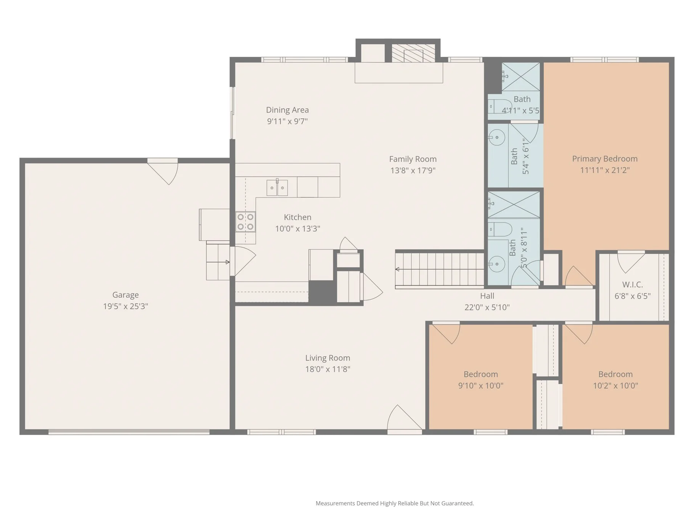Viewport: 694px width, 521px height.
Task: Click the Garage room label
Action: point(125,295)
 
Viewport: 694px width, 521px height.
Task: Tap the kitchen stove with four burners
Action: point(246,222)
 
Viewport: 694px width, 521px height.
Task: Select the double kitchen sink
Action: point(277,187)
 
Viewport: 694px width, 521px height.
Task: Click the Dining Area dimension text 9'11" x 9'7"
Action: point(288,121)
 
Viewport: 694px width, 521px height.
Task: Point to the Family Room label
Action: point(413,159)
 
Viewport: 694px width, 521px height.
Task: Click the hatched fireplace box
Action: point(413,53)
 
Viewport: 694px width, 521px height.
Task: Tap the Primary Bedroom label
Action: point(605,159)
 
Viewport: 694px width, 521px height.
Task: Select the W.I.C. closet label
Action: point(633,284)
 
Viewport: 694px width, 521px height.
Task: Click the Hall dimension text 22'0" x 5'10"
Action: point(487,307)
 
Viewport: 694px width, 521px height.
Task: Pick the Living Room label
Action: point(328,358)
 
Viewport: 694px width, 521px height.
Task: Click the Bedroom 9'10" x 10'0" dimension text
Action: point(480,386)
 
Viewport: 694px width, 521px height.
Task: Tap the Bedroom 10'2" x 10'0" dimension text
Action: point(615,386)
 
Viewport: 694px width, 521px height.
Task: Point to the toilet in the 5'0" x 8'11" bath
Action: point(500,229)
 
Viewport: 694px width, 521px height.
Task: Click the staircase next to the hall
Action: point(440,269)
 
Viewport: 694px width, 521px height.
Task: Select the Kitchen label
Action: point(297,217)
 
